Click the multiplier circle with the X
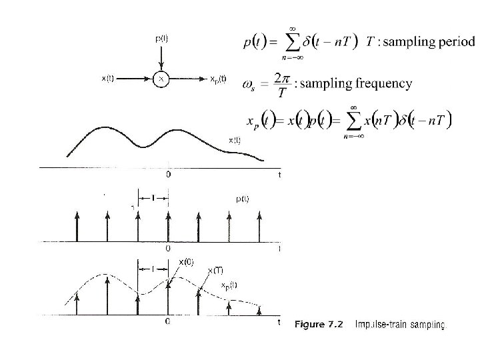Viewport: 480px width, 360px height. pos(161,79)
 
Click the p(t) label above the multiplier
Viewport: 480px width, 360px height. pos(161,38)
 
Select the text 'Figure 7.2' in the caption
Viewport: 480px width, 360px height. pos(319,325)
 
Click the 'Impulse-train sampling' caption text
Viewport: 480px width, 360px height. pos(400,325)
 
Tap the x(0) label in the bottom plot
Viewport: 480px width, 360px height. pos(186,261)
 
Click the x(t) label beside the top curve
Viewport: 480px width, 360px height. pos(235,140)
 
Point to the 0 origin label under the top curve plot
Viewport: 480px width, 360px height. pos(168,175)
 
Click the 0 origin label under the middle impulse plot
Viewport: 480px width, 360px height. pos(168,248)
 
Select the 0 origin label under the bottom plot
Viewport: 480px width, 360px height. pos(168,322)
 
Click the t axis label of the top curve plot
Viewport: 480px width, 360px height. pos(279,175)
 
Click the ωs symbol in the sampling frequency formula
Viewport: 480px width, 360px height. pos(248,85)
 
